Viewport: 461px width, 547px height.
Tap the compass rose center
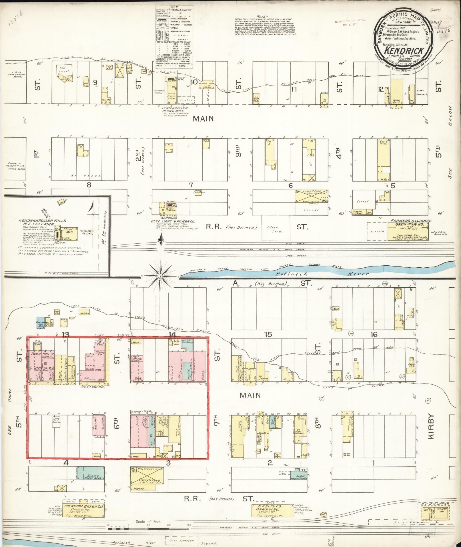(161, 276)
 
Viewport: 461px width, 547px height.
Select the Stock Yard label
(275, 229)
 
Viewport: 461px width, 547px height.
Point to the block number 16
(374, 334)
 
